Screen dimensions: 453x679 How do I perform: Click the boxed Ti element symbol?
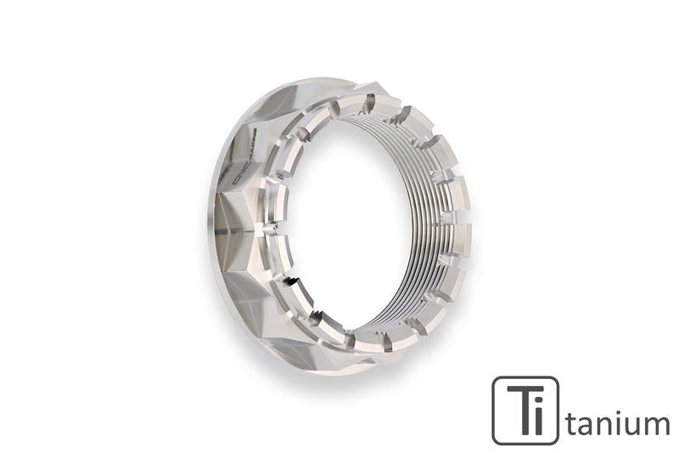(525, 411)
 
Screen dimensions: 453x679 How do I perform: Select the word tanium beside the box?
(618, 422)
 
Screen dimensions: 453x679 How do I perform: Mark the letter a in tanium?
(587, 424)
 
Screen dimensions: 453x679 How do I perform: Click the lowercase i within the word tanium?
(618, 422)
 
